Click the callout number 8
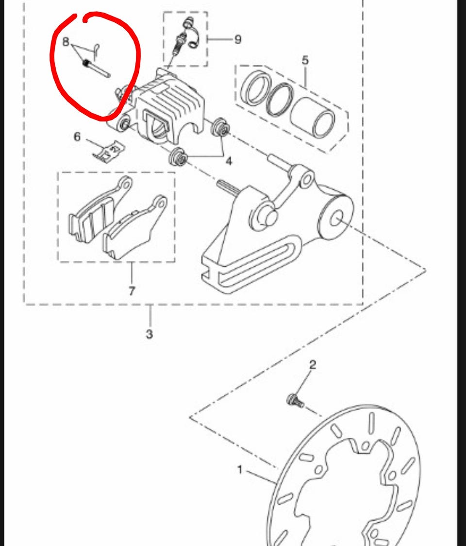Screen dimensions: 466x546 pos(66,42)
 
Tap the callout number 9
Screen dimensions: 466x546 pos(238,39)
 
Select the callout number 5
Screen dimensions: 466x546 pos(305,60)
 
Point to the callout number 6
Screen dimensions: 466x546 pos(77,136)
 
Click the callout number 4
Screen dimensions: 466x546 pos(229,161)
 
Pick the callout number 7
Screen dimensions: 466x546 pos(132,291)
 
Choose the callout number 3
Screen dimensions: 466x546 pos(150,334)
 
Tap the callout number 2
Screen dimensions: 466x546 pos(313,365)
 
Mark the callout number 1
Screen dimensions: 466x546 pos(239,470)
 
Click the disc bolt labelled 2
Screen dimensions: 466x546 pos(295,401)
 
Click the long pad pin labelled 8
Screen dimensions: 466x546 pos(97,68)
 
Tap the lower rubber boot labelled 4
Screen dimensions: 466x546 pos(179,158)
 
